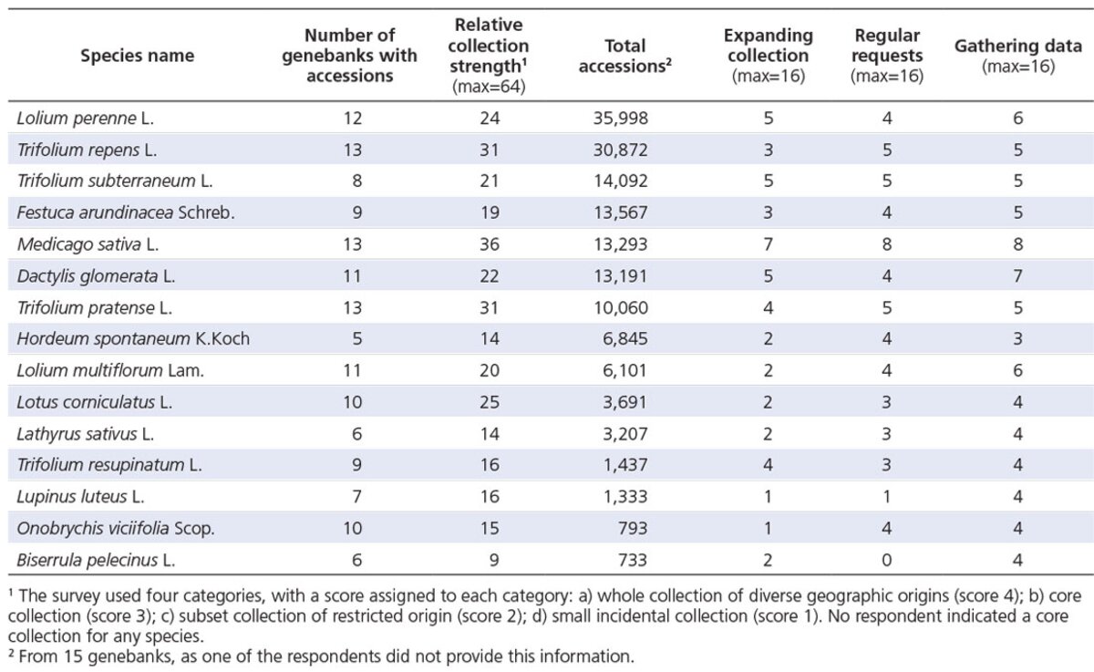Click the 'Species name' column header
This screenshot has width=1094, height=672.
[x=138, y=56]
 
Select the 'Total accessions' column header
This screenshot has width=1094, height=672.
[x=624, y=56]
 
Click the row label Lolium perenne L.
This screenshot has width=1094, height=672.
[x=86, y=119]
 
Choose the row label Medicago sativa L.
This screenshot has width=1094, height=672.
[x=88, y=244]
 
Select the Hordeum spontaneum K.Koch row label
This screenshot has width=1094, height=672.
[x=133, y=338]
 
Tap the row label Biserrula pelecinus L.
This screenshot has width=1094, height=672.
[x=96, y=560]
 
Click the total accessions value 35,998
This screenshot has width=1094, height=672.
[x=621, y=119]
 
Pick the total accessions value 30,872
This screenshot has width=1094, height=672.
[x=621, y=150]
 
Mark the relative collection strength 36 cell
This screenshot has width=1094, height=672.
[x=490, y=244]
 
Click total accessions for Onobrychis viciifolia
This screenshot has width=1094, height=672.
[x=633, y=528]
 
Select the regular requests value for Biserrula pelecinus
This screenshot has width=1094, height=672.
[x=887, y=560]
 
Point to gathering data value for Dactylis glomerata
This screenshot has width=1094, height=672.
[x=1017, y=276]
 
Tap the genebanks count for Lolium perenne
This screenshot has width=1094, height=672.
[x=353, y=119]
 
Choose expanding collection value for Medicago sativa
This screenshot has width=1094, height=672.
[x=769, y=244]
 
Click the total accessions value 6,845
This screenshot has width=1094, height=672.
[x=625, y=338]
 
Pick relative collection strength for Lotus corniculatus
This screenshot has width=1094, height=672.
[x=490, y=402]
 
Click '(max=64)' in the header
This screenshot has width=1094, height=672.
[x=489, y=87]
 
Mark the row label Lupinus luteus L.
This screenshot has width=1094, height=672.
[x=80, y=497]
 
